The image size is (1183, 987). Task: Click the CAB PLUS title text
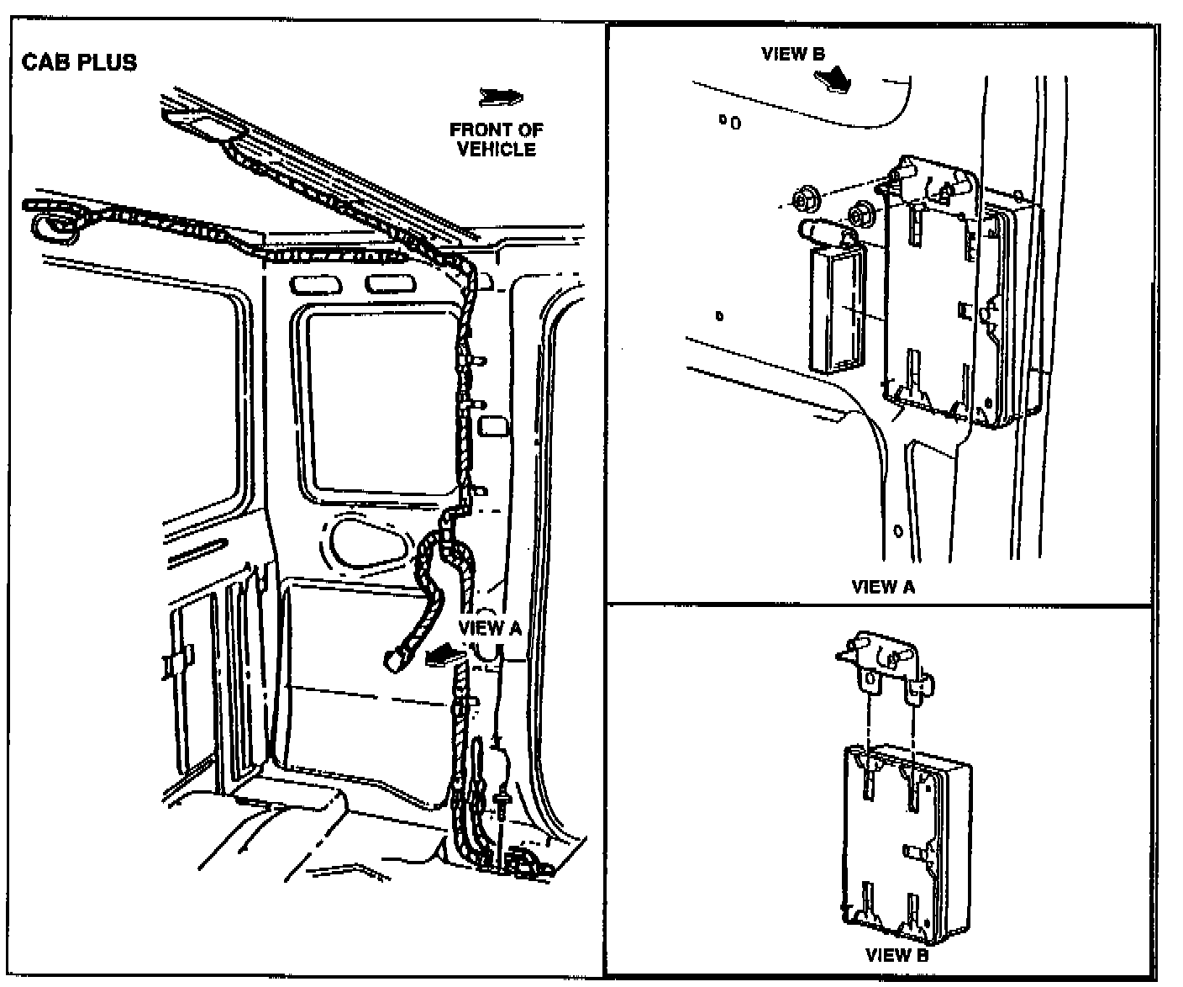[x=79, y=63]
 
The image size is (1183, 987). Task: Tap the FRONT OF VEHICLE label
[x=496, y=140]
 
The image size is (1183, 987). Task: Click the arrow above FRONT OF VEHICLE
[x=500, y=98]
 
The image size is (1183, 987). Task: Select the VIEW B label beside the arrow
[x=793, y=54]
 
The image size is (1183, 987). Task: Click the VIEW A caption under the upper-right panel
[x=882, y=587]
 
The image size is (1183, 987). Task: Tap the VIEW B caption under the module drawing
[x=896, y=954]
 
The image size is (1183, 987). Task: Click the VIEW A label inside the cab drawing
[x=490, y=628]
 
